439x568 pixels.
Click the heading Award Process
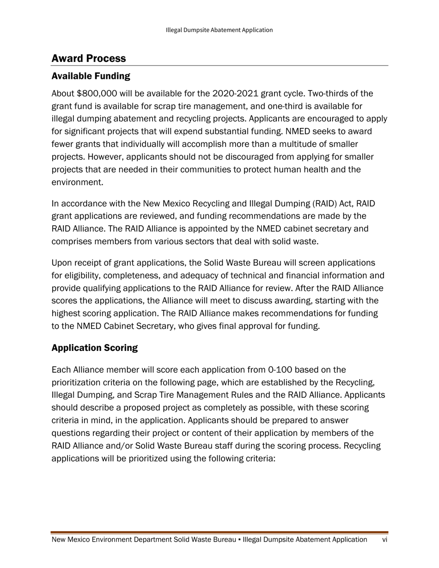pos(88,59)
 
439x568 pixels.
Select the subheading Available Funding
pos(91,76)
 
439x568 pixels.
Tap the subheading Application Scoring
pos(94,348)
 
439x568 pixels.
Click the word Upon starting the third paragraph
pos(61,263)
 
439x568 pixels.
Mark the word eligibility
pos(82,276)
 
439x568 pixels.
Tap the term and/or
pos(125,446)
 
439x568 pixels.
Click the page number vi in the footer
pos(384,540)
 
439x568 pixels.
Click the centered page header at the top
pos(219,30)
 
